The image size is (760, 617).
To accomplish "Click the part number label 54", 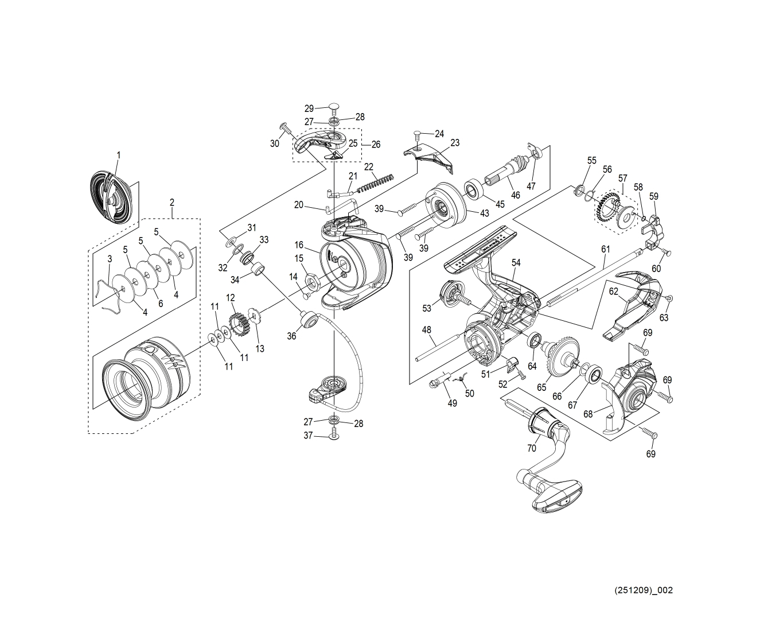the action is [x=516, y=263].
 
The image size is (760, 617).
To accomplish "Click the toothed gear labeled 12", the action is [x=237, y=324].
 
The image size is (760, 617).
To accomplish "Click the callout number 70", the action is [x=532, y=448].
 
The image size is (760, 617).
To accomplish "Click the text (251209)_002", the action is [x=644, y=590].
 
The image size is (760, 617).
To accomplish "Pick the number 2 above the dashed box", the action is [x=172, y=203].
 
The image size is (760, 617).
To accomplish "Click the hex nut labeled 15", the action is [x=314, y=281].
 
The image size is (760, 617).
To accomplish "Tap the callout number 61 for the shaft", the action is [x=606, y=249].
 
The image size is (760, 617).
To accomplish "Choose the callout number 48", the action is [x=426, y=329].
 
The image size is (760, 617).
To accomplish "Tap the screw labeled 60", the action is [x=667, y=252].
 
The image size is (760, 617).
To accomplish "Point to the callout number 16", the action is [x=299, y=245].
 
